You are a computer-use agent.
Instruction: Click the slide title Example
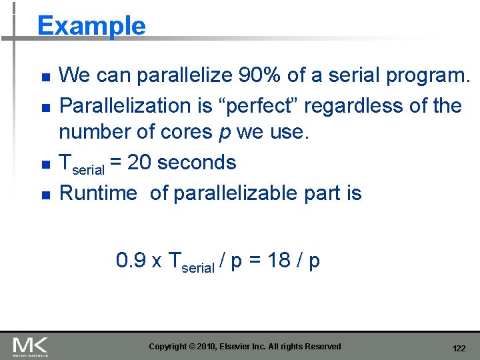91,26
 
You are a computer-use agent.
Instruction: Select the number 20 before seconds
140,163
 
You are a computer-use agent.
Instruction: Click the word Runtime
98,193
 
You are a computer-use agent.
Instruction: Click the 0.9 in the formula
131,260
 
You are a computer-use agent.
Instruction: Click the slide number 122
459,349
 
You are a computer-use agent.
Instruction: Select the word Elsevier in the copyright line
242,346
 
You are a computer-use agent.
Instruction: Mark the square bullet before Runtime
45,195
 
